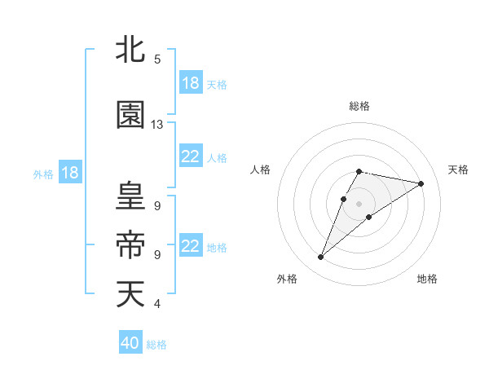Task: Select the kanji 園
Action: (x=130, y=116)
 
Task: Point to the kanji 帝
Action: (x=130, y=244)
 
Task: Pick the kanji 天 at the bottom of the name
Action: (x=130, y=294)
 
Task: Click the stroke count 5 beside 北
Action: (x=157, y=59)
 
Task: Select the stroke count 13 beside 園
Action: (x=157, y=125)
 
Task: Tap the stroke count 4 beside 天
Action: (x=157, y=304)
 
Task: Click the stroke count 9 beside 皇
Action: (x=157, y=205)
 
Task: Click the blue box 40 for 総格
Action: (x=130, y=343)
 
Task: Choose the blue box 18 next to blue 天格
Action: (x=191, y=83)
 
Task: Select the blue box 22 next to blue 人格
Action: (x=191, y=156)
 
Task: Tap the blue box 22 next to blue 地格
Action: (x=191, y=246)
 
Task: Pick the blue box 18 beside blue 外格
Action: (x=70, y=173)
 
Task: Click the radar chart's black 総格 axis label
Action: (x=359, y=106)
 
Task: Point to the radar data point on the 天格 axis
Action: (x=421, y=183)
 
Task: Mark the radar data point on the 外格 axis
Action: (x=320, y=258)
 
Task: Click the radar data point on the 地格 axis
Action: (x=369, y=217)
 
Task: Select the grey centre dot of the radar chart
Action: (x=359, y=203)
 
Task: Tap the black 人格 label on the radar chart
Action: (x=260, y=169)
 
